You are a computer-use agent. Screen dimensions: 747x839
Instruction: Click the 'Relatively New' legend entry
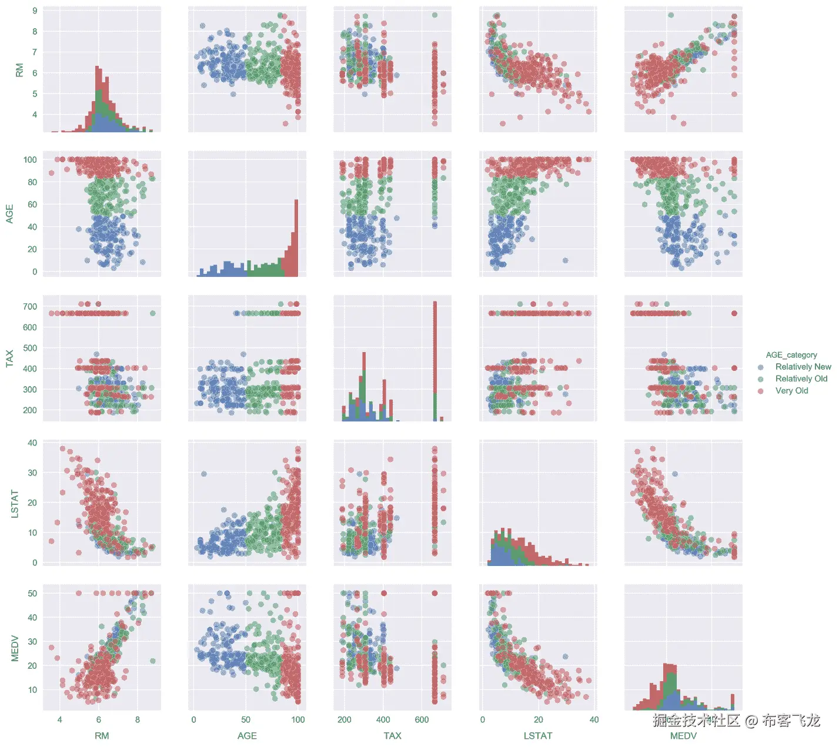[803, 367]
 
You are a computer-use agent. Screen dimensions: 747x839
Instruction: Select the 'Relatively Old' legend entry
[801, 379]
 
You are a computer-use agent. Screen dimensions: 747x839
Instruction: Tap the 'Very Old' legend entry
[791, 391]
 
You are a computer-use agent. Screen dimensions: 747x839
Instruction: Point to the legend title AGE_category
[791, 355]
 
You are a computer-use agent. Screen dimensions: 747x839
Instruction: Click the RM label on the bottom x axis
[102, 736]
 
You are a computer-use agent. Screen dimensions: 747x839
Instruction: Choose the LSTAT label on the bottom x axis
[538, 736]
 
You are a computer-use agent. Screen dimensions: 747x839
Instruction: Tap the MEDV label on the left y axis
[15, 648]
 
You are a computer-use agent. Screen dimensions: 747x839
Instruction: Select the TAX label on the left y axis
[10, 359]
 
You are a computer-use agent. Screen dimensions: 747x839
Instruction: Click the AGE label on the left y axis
[10, 214]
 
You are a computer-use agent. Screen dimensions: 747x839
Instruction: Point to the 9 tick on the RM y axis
[35, 11]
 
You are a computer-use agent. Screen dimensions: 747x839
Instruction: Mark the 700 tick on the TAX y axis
[30, 307]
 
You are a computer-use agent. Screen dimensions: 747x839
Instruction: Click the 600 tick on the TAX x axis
[422, 720]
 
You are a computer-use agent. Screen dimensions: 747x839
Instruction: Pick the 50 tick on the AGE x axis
[246, 720]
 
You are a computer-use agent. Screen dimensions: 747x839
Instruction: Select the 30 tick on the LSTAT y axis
[32, 473]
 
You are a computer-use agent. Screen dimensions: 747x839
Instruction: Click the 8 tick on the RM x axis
[138, 720]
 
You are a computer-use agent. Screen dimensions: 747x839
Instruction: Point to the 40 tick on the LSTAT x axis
[594, 720]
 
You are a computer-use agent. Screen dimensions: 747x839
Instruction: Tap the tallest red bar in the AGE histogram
[296, 235]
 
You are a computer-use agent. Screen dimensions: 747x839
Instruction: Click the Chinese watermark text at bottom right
[736, 721]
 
